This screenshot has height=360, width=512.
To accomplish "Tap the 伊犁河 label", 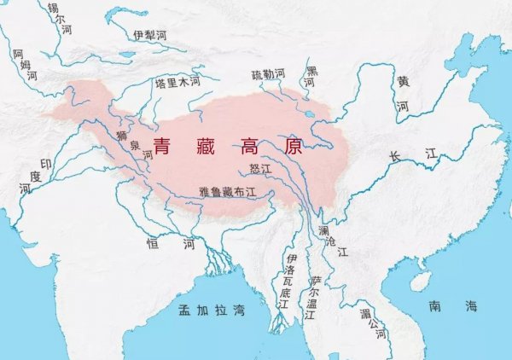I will (150, 35).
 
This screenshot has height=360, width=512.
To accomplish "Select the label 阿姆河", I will (31, 64).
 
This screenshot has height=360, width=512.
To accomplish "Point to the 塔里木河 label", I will (177, 83).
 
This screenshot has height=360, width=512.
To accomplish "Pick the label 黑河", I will (311, 77).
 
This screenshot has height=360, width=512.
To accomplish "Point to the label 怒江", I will (259, 170).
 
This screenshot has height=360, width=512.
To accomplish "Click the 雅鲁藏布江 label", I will (227, 193).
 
